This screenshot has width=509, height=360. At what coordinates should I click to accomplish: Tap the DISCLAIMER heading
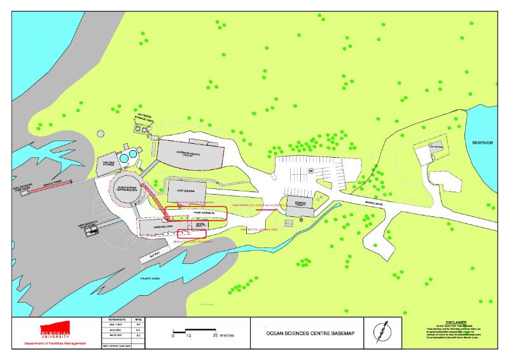point(456,322)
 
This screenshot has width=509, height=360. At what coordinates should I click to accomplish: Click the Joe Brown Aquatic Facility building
point(190,153)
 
